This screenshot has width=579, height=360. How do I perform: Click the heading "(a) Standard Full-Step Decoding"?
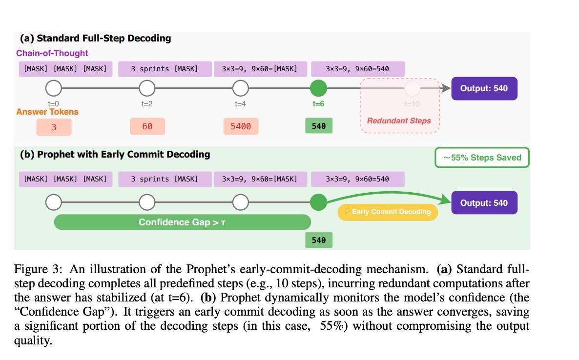click(95, 38)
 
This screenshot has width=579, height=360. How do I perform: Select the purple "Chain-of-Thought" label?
click(52, 53)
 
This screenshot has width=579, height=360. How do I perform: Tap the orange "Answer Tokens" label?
click(47, 112)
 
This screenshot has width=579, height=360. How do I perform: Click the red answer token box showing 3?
click(54, 126)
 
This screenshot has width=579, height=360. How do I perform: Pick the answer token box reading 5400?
click(241, 126)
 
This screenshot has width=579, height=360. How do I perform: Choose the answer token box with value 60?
click(147, 126)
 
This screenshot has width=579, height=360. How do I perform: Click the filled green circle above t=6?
click(318, 88)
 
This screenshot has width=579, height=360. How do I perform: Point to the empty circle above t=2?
click(147, 88)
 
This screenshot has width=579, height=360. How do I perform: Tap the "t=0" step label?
click(53, 103)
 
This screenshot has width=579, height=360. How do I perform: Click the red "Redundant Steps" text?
click(399, 120)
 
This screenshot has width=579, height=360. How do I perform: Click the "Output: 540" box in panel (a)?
click(484, 88)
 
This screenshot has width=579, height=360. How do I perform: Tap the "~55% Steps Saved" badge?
click(482, 158)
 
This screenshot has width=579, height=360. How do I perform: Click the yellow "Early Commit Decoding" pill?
click(388, 212)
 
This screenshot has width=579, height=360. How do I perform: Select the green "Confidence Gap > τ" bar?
click(182, 222)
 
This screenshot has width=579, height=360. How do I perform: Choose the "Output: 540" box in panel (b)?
click(484, 203)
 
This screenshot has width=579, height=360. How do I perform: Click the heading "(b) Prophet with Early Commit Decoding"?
click(115, 154)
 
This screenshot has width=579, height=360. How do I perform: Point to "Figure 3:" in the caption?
click(38, 269)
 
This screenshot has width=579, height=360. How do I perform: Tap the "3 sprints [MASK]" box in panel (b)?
click(165, 179)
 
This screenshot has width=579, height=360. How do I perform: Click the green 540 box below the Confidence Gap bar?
click(318, 240)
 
